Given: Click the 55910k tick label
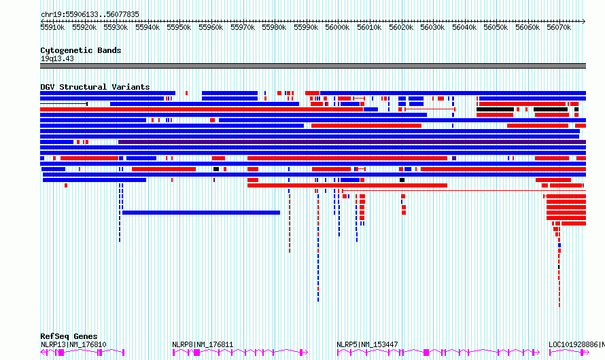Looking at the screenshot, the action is point(52,27).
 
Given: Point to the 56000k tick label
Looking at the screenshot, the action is point(337,27).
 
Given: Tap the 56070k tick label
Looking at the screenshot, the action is point(559,27).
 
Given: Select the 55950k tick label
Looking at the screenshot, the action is point(179,27).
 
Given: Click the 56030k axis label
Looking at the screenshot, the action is point(432,27).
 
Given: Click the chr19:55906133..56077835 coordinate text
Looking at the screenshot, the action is point(90,15).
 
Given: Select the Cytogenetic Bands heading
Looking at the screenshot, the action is point(81,50).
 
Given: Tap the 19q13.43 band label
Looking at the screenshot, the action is point(57,58).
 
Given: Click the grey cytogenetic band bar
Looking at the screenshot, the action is point(313,66).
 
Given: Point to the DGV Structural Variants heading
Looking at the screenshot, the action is point(95,87).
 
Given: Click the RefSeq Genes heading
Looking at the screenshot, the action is point(69,336).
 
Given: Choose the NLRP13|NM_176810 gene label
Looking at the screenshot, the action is point(73,344).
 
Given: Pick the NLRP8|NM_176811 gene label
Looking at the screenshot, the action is point(203,344).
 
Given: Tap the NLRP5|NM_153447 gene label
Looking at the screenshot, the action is point(367,344).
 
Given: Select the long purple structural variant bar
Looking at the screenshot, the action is point(352,142).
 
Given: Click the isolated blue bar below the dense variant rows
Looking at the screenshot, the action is point(201,213).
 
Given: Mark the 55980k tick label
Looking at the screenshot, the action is point(274,27).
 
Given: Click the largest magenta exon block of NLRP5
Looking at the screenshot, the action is point(426,353).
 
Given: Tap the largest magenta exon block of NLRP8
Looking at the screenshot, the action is point(196,353).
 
